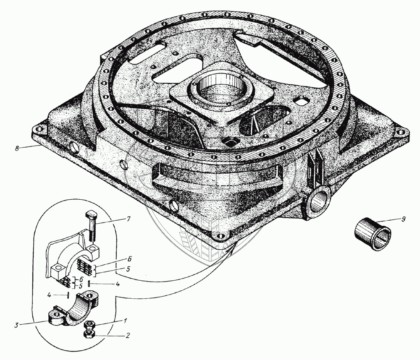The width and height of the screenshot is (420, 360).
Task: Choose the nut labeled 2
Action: click(x=89, y=335)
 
